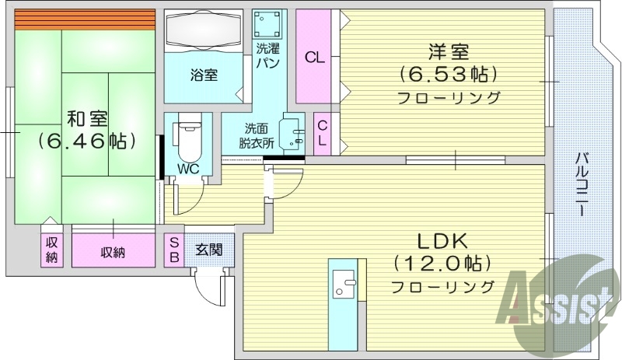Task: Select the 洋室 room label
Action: [447, 52]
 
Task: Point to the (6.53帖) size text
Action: [447, 75]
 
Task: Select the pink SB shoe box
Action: [174, 250]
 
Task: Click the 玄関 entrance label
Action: [208, 250]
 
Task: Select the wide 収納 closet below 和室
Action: [114, 251]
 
